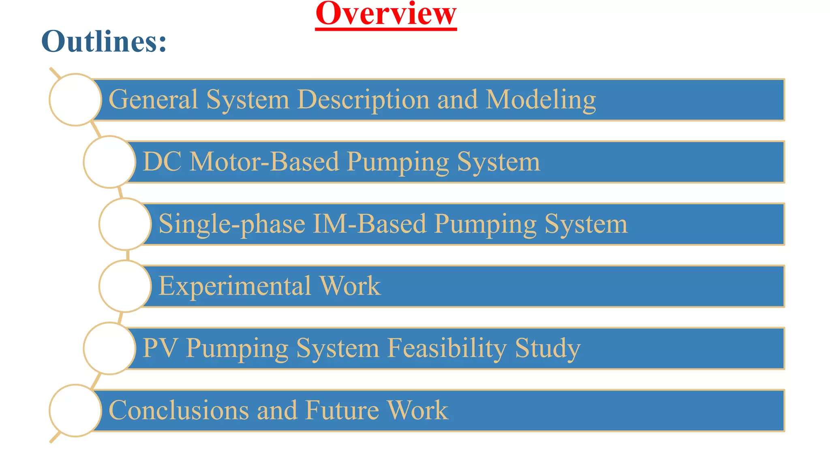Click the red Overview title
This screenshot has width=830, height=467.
click(x=386, y=14)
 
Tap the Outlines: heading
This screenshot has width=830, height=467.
click(x=104, y=41)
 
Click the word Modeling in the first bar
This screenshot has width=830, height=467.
click(x=541, y=100)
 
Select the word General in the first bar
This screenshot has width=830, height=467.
click(x=153, y=99)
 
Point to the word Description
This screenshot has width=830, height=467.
click(x=363, y=100)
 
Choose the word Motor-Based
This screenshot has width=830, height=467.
click(x=264, y=162)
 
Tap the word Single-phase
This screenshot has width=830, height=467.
click(x=232, y=224)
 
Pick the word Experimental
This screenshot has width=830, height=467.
click(x=235, y=286)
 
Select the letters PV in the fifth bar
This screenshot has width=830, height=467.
click(x=160, y=348)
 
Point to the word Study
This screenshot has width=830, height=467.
click(x=548, y=348)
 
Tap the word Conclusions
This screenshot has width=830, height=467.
click(x=179, y=410)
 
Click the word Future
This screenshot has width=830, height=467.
click(x=341, y=410)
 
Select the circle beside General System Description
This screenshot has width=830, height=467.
click(x=75, y=100)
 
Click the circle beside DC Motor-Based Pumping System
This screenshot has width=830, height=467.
click(x=109, y=162)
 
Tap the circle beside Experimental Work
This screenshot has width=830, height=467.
click(x=125, y=286)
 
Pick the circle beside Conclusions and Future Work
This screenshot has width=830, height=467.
click(x=75, y=411)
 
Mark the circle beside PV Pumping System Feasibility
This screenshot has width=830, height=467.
click(x=109, y=348)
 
